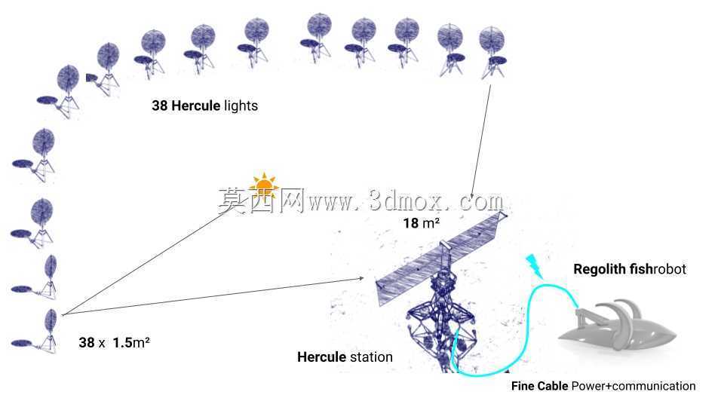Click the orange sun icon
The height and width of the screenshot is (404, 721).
(264, 185)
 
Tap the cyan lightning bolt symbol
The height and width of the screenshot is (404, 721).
(534, 266)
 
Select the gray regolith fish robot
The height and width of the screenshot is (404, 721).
(617, 326)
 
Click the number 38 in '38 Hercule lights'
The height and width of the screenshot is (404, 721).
(160, 106)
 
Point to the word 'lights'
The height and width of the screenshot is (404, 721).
(241, 106)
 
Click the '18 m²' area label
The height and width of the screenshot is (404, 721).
(421, 223)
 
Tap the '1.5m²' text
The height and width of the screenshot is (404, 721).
(131, 342)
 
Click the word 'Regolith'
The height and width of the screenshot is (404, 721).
(600, 269)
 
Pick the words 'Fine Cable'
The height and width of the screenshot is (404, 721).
(539, 386)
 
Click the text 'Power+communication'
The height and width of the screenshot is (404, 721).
(634, 386)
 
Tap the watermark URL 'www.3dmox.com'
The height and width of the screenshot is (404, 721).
(406, 200)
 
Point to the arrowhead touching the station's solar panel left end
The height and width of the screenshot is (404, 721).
(361, 278)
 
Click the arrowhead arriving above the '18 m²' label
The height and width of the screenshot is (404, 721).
(472, 194)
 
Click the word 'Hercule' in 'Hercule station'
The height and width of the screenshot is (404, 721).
(321, 357)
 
